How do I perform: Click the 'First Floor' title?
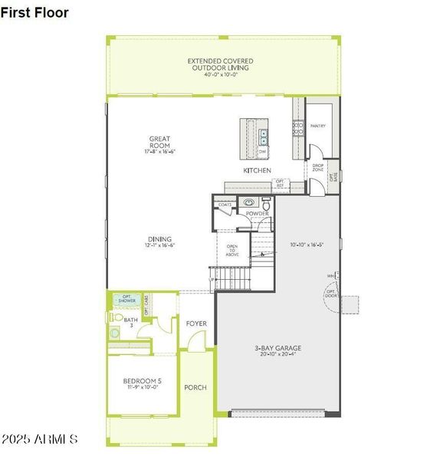coord(35,13)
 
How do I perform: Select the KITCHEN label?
coord(257,170)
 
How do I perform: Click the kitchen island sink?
coord(263,137)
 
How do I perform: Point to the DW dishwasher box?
coord(262,152)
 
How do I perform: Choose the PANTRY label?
coord(318,127)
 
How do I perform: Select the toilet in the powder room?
coord(266,205)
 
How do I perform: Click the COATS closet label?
coord(225,205)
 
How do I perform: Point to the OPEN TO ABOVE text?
coord(232,251)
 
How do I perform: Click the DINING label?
coord(159,239)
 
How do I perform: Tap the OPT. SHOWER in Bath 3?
coord(125,300)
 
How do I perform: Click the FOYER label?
coord(196,324)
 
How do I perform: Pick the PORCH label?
coord(195,387)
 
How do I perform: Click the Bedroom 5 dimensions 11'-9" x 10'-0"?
coord(140,388)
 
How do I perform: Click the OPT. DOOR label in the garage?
coord(331,294)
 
